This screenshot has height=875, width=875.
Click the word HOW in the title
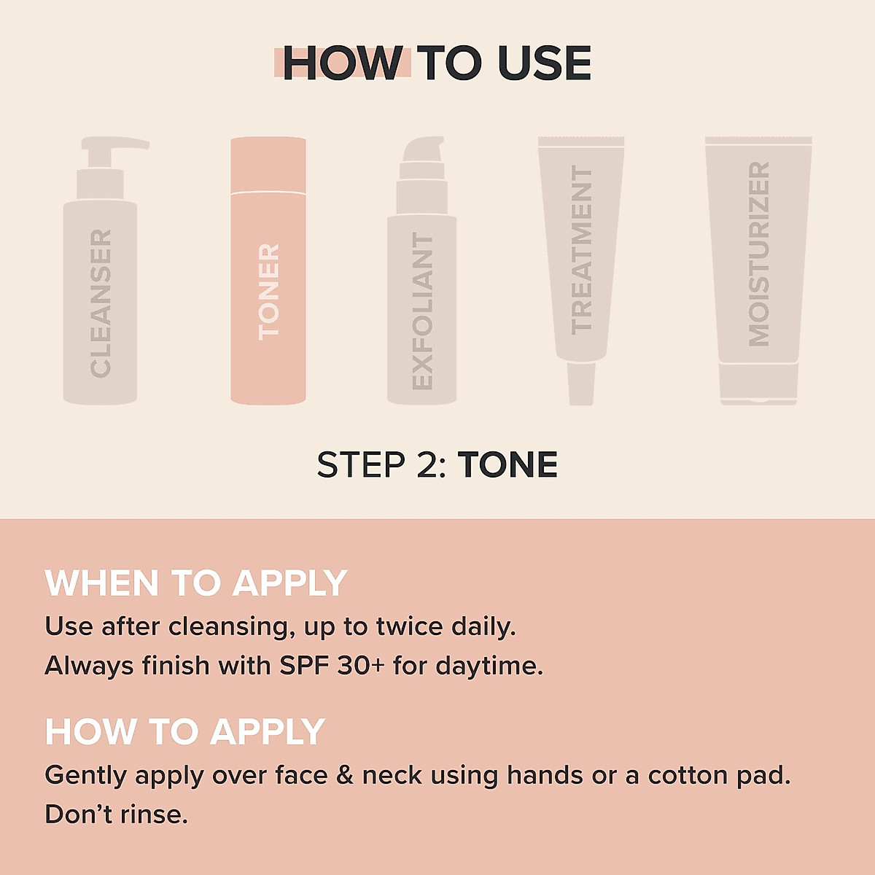[341, 63]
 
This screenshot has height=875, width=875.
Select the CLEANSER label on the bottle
[101, 303]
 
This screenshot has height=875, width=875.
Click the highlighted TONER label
[268, 292]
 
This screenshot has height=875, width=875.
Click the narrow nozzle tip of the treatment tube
[581, 384]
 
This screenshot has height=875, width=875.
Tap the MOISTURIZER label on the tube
[759, 254]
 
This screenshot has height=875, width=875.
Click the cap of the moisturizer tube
[758, 384]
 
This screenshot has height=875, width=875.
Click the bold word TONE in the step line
[507, 465]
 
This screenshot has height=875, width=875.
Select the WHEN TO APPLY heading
[195, 583]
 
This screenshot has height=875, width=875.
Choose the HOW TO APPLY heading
[184, 731]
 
